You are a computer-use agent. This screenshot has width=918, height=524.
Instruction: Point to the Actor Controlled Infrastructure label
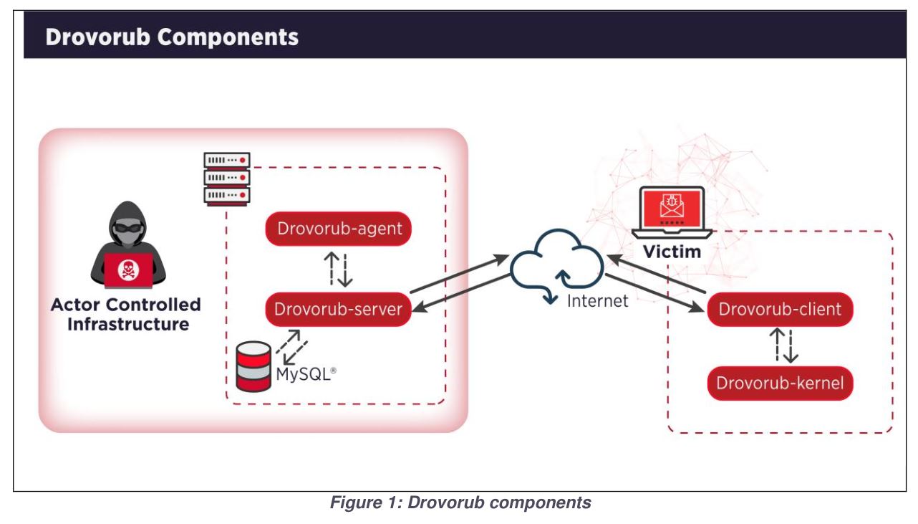[126, 314]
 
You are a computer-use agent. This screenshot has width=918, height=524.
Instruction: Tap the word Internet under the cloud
[597, 301]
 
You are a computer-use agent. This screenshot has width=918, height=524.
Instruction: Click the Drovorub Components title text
[172, 37]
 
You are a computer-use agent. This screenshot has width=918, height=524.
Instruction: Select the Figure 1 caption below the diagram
[458, 503]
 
